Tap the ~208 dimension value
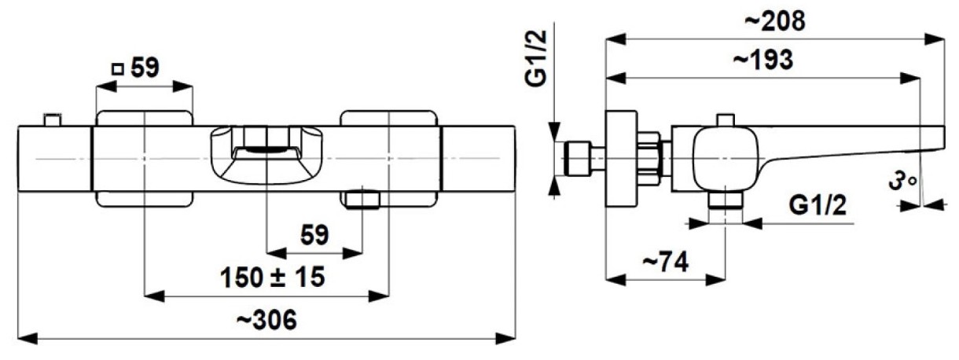click(x=774, y=21)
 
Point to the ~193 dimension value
click(x=763, y=61)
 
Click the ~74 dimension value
click(x=665, y=262)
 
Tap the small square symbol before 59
click(x=118, y=68)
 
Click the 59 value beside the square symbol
click(x=145, y=68)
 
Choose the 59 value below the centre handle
click(x=314, y=234)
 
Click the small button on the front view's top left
click(x=53, y=119)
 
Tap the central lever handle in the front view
click(x=267, y=154)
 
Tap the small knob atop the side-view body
click(x=725, y=119)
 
